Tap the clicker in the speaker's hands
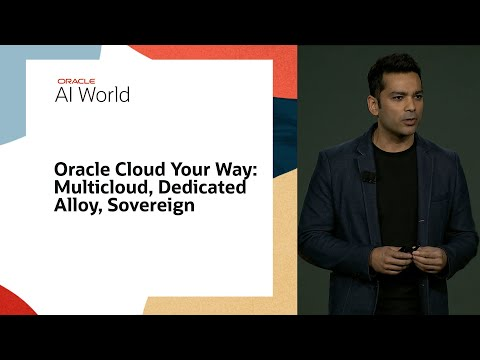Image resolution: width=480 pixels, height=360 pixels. tap(404, 250)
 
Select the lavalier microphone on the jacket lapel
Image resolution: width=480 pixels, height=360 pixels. tap(366, 177)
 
